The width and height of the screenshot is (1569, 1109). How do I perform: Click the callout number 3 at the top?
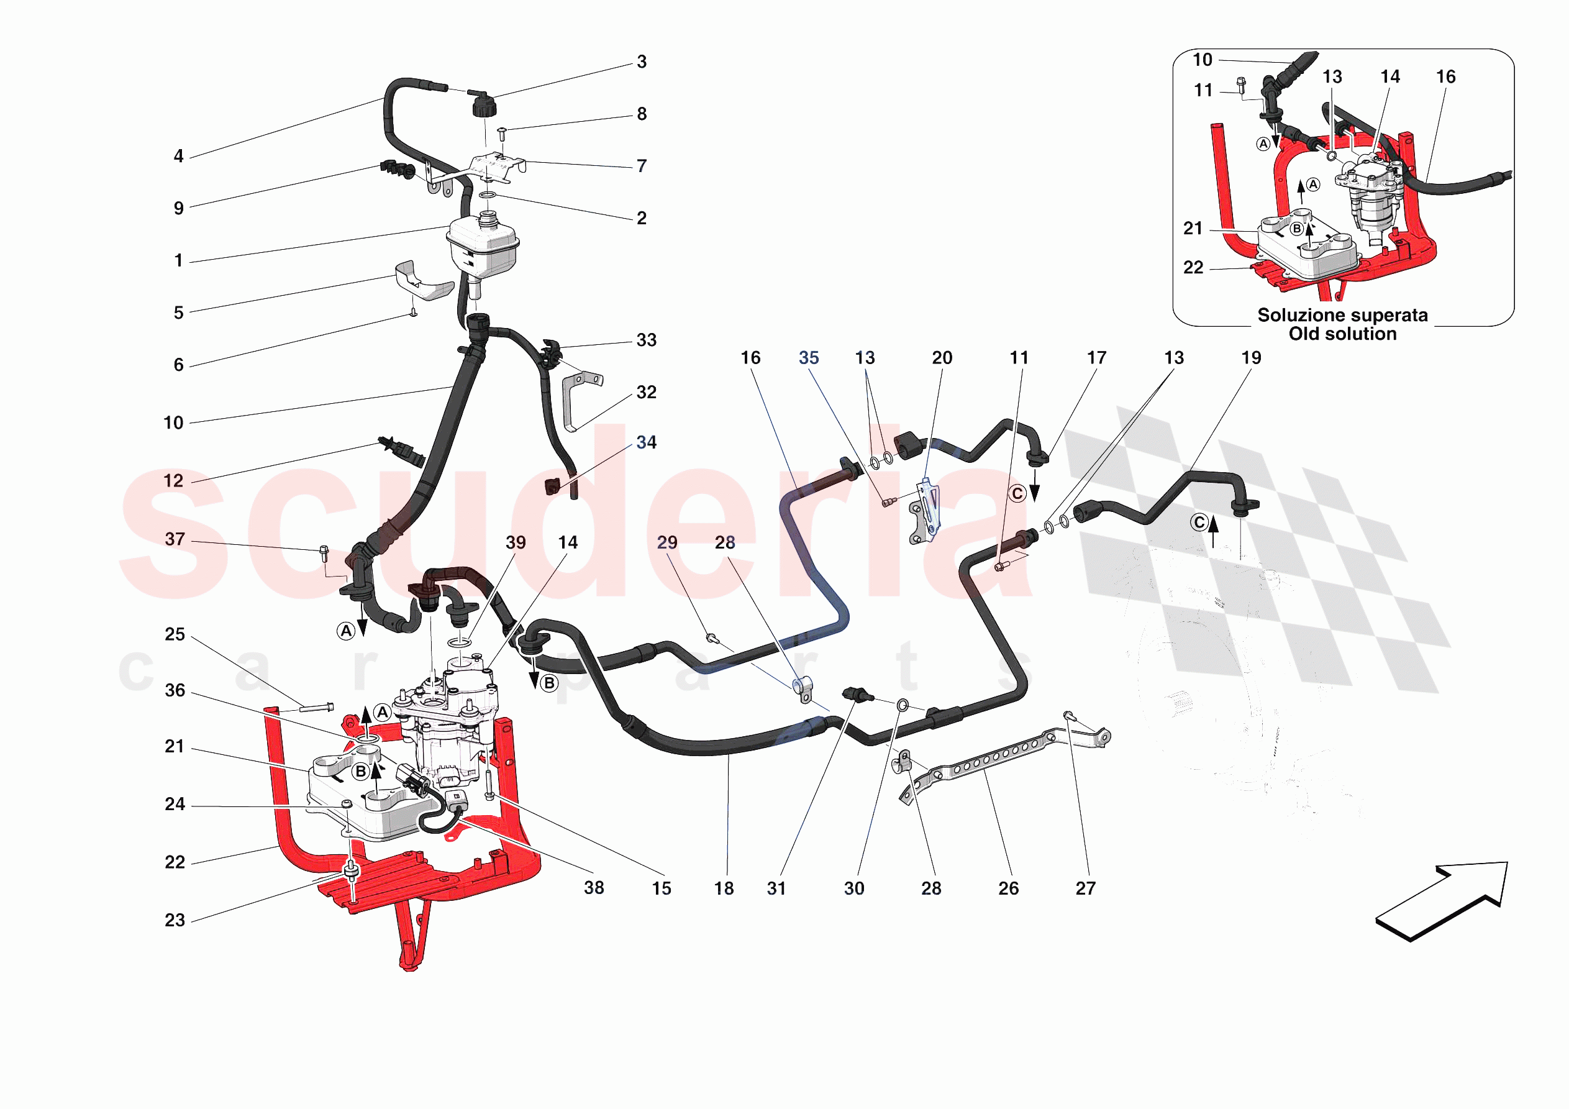(641, 62)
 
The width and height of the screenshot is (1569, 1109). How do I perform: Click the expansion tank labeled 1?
(482, 246)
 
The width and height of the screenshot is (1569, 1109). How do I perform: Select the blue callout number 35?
(809, 358)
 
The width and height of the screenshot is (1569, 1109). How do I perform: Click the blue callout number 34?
(646, 443)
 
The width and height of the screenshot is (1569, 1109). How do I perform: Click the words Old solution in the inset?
(1342, 334)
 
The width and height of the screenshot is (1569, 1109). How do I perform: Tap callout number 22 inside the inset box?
(1193, 268)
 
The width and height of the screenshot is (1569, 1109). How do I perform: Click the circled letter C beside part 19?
(1199, 523)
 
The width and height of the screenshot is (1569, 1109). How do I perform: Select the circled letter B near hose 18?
(548, 683)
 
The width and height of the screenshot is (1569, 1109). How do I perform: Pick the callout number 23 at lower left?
(175, 920)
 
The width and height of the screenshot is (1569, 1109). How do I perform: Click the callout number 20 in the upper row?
(942, 358)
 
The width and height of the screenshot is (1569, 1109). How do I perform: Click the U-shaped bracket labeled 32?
(578, 400)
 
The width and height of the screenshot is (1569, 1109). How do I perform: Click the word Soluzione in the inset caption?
(1296, 316)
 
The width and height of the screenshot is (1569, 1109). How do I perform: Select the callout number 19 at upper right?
(1250, 358)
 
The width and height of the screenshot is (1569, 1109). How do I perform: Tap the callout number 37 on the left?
(175, 539)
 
